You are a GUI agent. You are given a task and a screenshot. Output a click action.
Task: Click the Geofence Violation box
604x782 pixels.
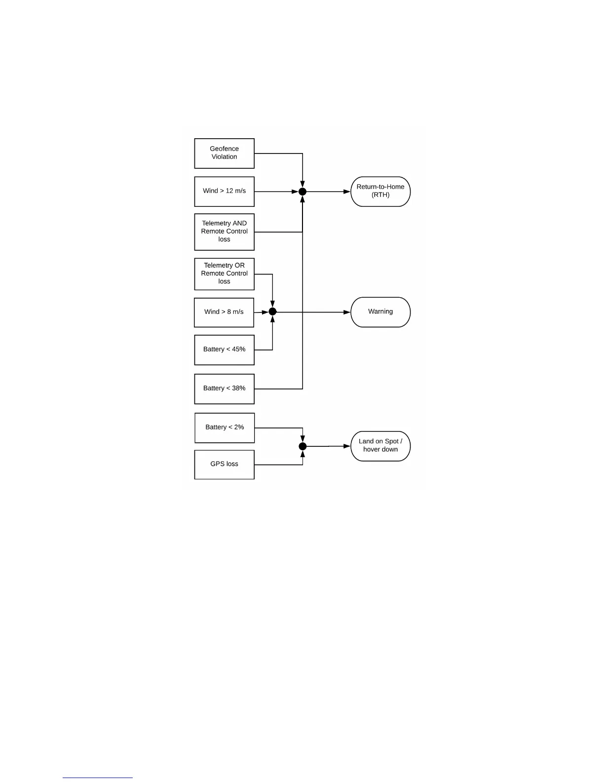(224, 153)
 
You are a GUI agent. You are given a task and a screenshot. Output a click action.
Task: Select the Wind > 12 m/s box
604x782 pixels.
(224, 191)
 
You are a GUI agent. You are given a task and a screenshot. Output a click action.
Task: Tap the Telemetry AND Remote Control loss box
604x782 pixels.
(224, 232)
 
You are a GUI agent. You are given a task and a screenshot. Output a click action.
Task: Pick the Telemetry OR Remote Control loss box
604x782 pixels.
(224, 274)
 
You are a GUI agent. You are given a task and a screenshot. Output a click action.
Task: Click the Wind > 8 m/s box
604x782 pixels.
(224, 312)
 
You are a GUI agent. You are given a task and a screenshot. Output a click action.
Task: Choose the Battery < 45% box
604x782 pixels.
(224, 350)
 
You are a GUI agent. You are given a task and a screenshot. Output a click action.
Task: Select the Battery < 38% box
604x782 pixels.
(224, 389)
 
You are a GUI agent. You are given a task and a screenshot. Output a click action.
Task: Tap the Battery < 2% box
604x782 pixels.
(225, 428)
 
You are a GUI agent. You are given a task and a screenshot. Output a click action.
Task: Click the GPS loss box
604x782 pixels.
(224, 464)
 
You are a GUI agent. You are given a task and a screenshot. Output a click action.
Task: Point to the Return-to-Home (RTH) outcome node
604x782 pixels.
(380, 191)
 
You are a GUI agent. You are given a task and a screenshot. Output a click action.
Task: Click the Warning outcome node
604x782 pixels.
(380, 312)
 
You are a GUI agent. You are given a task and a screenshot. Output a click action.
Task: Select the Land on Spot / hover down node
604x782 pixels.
(380, 446)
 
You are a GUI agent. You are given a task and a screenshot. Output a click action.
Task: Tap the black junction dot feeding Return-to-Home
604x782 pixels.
(302, 192)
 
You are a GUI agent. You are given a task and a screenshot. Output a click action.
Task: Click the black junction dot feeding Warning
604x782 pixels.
(272, 312)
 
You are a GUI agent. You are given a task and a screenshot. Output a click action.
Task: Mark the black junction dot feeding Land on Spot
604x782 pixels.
(302, 446)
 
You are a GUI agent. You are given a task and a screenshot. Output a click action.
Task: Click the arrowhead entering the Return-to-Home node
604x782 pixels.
(347, 192)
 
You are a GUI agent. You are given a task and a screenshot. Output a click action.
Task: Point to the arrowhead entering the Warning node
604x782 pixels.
(347, 312)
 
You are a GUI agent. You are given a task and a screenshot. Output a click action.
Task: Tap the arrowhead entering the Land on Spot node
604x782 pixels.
(347, 446)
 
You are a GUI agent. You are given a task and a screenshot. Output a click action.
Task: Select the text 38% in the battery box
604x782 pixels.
(238, 389)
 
